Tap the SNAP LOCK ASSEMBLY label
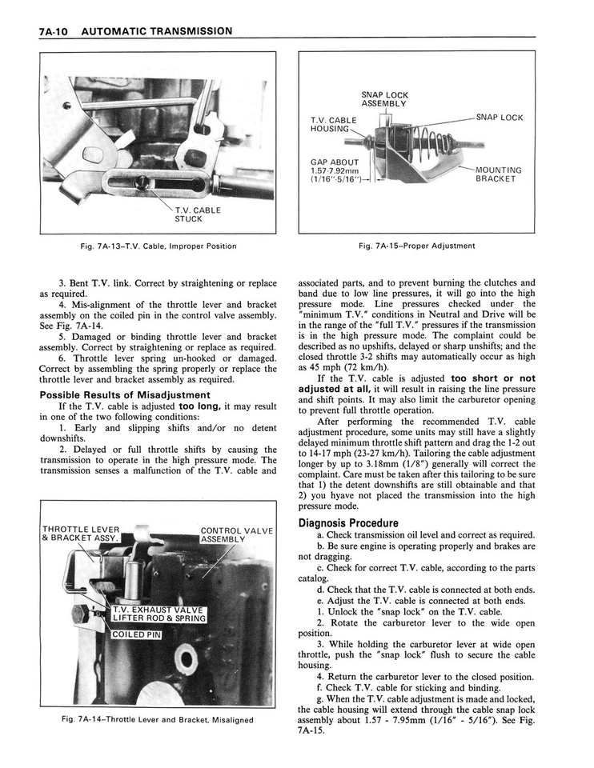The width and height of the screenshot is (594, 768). click(x=383, y=98)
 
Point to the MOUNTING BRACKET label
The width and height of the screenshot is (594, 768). click(x=499, y=174)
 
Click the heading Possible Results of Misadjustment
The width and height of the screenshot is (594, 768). click(x=125, y=394)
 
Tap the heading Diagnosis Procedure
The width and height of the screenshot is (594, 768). click(x=348, y=523)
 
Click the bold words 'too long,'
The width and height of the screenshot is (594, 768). click(x=199, y=406)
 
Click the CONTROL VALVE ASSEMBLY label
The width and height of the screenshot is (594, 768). click(x=236, y=534)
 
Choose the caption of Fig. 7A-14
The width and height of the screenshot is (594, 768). click(x=158, y=719)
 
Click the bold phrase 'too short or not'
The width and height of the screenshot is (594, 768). click(x=492, y=378)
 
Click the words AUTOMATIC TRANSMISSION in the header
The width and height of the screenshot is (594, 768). click(x=157, y=31)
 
